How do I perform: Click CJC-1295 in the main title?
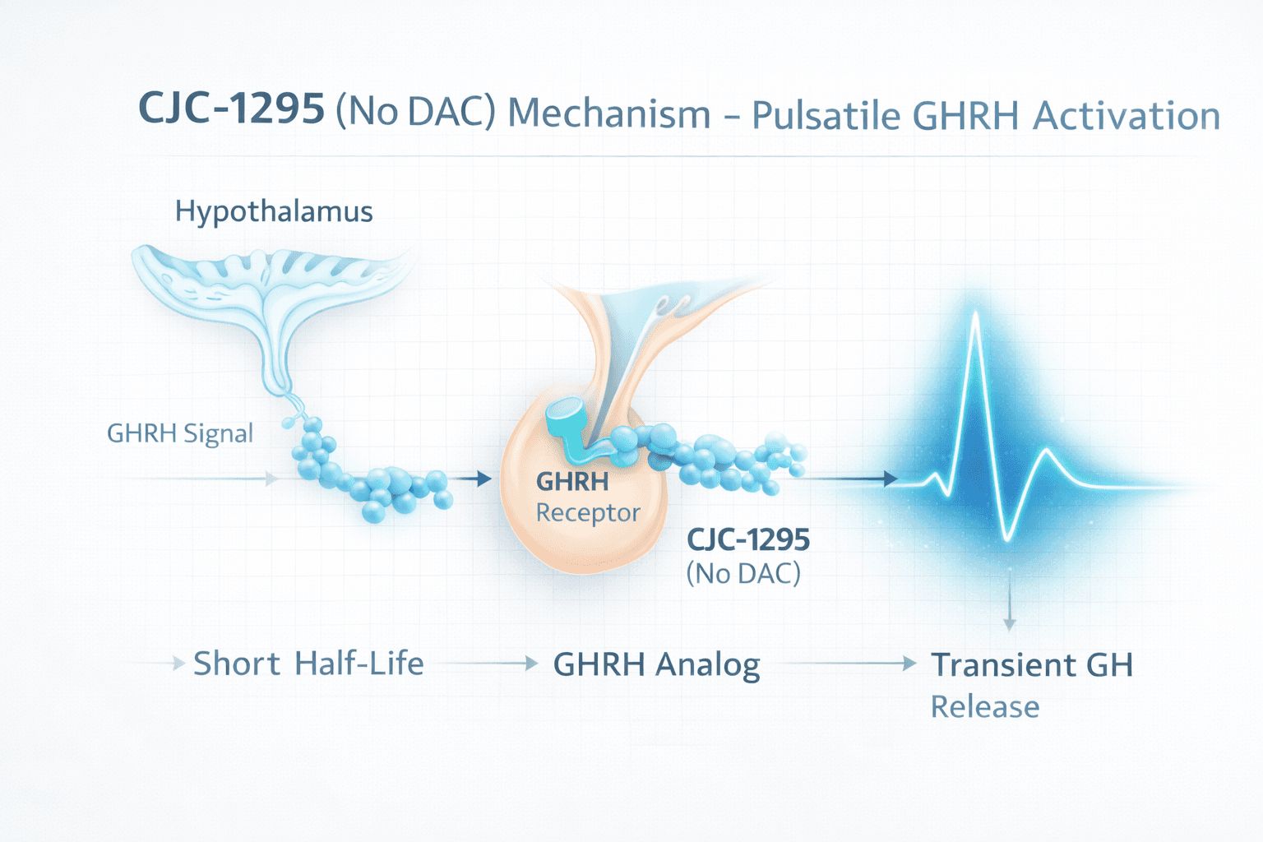[x=231, y=109]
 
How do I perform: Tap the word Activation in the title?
[x=1127, y=116]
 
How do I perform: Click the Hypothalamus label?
[x=274, y=212]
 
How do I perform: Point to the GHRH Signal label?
[x=180, y=433]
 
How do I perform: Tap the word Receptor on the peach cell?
[x=588, y=513]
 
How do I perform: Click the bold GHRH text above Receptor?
[x=572, y=482]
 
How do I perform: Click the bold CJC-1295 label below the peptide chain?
[x=748, y=540]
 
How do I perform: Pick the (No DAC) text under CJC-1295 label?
[x=743, y=573]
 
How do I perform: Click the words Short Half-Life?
[x=308, y=664]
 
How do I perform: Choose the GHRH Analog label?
[x=656, y=665]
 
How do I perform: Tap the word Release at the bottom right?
[x=984, y=707]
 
